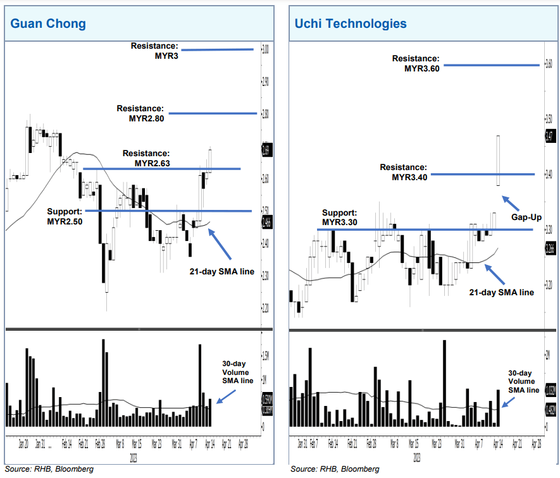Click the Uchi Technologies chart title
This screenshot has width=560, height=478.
350,24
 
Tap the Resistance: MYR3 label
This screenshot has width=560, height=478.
154,51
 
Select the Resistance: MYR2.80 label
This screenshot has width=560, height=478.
140,113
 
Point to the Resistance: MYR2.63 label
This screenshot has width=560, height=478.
146,158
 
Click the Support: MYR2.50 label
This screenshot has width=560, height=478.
65,216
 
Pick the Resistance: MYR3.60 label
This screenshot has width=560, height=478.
415,63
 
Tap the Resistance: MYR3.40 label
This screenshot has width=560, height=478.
404,172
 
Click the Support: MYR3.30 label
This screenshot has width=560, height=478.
340,218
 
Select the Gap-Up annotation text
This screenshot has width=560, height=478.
527,217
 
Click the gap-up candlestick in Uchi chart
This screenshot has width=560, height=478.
499,161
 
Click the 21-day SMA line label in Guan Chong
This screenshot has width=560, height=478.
221,273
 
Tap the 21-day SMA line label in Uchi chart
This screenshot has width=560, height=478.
501,292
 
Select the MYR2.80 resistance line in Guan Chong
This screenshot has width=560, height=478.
211,114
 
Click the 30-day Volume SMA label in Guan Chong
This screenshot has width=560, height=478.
237,372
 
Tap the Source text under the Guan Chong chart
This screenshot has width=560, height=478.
49,469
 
